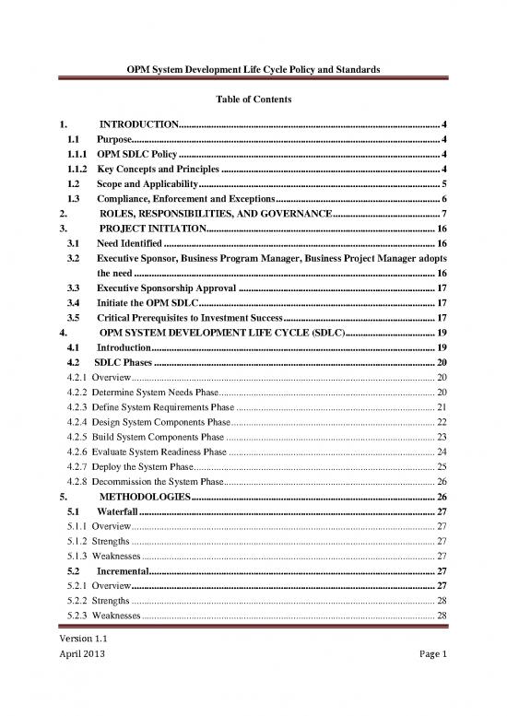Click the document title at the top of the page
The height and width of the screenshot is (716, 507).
[253, 70]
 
